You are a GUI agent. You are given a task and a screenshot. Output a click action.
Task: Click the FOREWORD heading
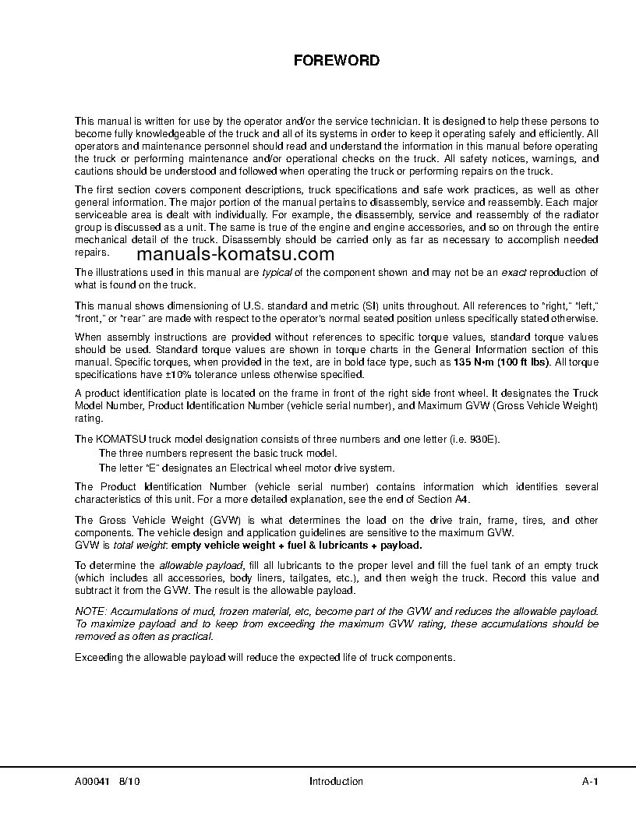[x=336, y=60]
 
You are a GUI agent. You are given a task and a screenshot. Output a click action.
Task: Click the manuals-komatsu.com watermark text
[x=235, y=254]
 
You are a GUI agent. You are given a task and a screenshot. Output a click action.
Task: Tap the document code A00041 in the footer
[x=92, y=781]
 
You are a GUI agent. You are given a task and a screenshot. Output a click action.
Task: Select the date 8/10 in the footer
[x=131, y=781]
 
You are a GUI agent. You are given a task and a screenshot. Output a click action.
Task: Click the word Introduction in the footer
[x=336, y=781]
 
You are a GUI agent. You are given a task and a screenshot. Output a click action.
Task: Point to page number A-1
[x=589, y=781]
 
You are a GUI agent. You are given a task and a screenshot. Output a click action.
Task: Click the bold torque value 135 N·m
[x=475, y=362]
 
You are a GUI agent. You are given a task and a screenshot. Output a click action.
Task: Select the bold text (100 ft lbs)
[x=525, y=362]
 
